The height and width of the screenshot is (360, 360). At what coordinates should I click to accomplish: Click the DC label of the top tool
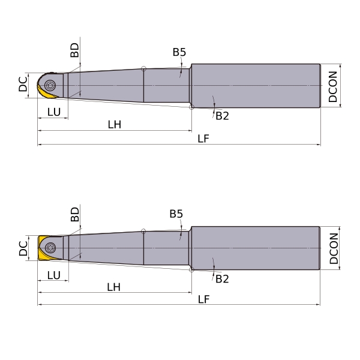click(x=23, y=84)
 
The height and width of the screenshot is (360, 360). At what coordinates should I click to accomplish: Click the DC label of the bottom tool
click(x=23, y=248)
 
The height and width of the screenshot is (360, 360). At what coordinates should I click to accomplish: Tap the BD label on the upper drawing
click(x=74, y=50)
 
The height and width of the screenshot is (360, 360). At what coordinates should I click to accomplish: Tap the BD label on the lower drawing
click(x=74, y=214)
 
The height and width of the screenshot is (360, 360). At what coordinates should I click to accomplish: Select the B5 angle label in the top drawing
click(x=179, y=52)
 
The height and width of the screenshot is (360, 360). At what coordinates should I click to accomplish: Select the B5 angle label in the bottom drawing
click(x=176, y=214)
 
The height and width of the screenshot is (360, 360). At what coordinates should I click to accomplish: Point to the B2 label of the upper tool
click(x=222, y=116)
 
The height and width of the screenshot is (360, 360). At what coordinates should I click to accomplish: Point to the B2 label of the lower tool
click(x=222, y=279)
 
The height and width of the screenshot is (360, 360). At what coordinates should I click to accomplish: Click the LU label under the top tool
click(x=54, y=112)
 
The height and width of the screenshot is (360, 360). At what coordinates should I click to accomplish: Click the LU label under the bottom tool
click(x=54, y=275)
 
